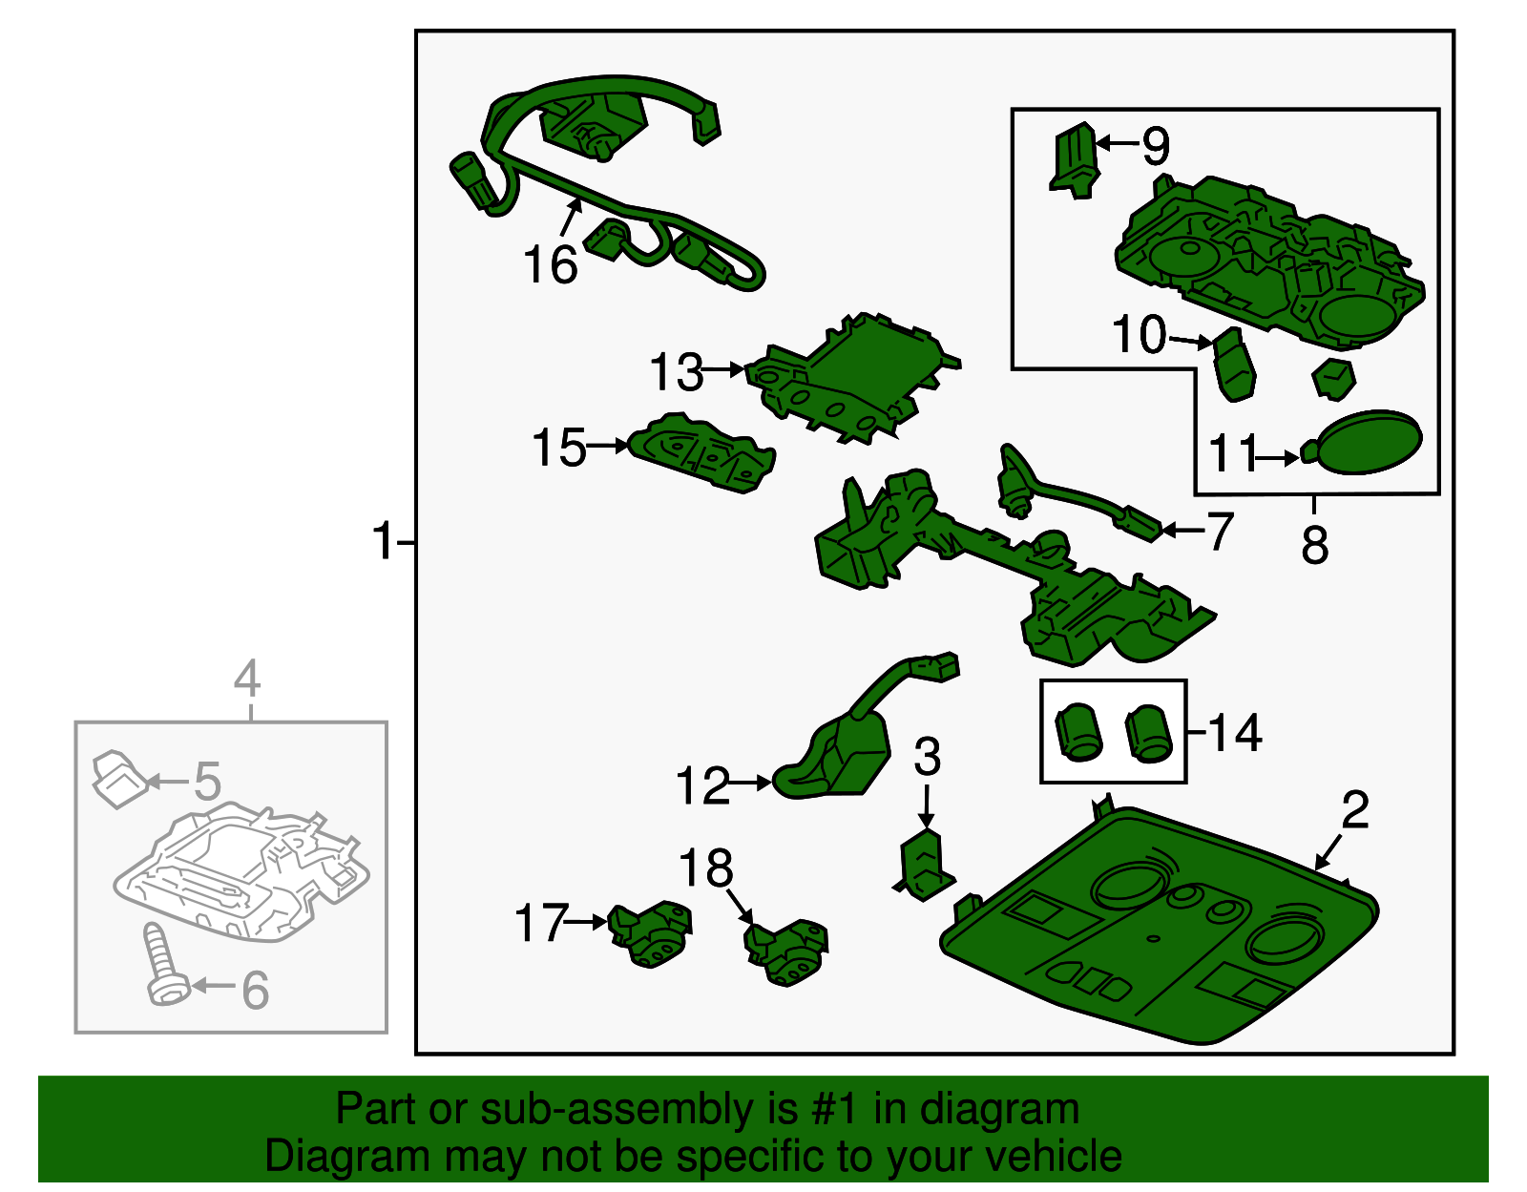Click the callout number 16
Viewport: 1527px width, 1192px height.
551,264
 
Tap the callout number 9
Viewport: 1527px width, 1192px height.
1156,146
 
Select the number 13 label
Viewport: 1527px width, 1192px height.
676,371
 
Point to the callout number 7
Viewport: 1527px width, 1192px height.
1219,532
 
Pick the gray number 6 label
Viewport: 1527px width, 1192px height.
255,991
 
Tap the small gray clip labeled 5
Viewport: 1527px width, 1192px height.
120,780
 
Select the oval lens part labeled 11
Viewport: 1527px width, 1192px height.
1363,443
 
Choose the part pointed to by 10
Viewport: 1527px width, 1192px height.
1233,365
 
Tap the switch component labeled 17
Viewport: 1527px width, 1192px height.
650,934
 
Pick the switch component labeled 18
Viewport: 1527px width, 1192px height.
785,952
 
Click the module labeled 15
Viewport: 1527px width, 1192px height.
701,452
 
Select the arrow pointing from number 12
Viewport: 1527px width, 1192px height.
751,782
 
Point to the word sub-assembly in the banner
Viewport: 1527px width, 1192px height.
638,1110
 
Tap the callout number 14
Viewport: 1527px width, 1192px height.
1234,733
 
